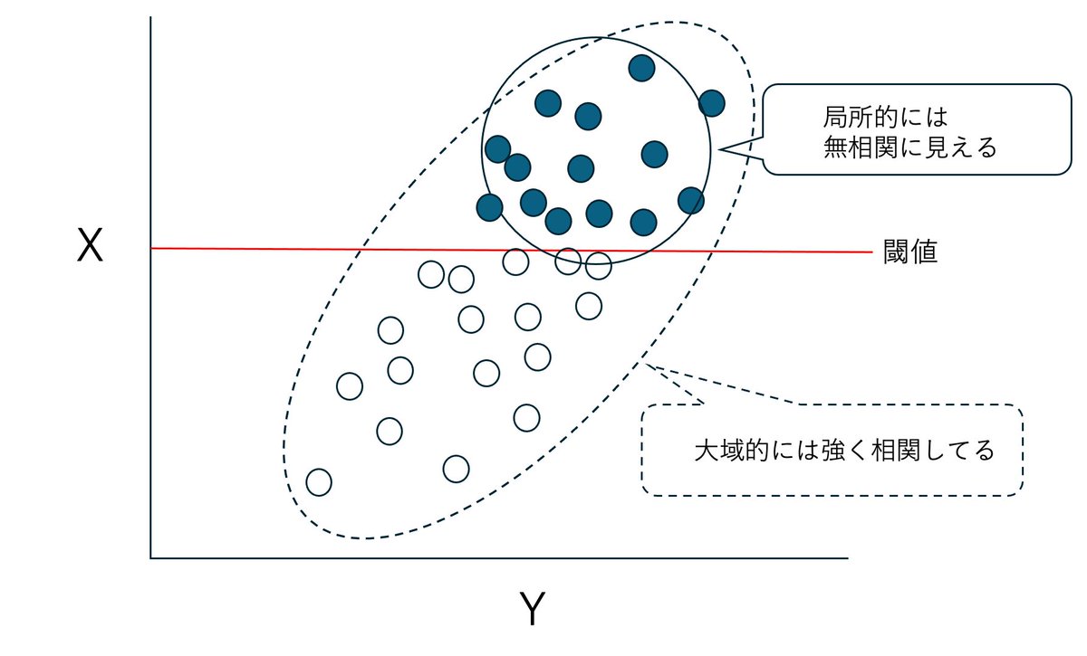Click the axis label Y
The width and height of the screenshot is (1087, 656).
point(532,610)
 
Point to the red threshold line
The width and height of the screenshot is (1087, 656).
point(272,248)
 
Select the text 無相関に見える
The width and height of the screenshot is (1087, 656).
point(909,147)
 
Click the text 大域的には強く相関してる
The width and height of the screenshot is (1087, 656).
point(844,450)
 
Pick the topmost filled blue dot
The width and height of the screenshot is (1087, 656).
point(641,67)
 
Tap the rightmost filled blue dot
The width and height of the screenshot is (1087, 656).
point(711,103)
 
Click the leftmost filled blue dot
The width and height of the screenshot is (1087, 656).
point(489,207)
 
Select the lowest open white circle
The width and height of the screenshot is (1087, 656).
point(319,482)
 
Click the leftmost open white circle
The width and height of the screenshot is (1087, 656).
point(319,482)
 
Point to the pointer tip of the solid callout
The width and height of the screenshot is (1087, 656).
point(717,150)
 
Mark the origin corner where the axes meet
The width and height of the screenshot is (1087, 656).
point(150,558)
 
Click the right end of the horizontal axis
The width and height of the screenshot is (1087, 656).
point(847,558)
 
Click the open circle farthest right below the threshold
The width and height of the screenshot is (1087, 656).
point(598,266)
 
